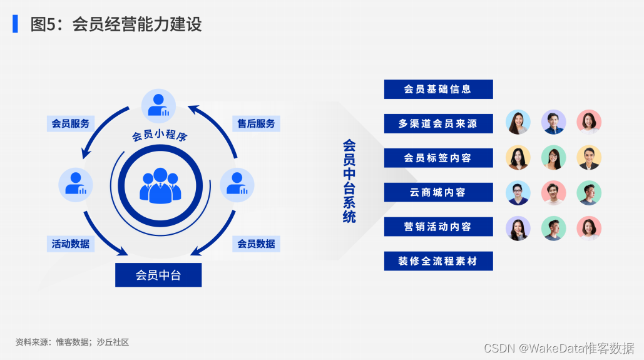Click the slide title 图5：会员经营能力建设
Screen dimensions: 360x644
(x=116, y=24)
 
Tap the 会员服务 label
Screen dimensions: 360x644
(x=70, y=123)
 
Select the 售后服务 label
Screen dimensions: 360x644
(x=256, y=123)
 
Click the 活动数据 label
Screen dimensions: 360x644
(x=70, y=244)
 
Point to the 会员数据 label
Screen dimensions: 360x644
(x=256, y=244)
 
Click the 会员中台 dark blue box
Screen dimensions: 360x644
(x=158, y=275)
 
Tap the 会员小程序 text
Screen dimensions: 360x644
(x=160, y=136)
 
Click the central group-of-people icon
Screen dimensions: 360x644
(x=161, y=185)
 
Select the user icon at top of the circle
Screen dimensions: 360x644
(x=159, y=105)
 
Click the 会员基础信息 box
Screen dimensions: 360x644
(x=438, y=90)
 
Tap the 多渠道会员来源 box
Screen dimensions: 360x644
(x=438, y=124)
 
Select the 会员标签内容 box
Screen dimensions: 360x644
(x=438, y=158)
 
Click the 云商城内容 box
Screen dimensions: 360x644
(x=438, y=192)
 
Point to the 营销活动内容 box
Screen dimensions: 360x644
(x=438, y=227)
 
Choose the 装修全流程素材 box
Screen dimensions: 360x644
(x=438, y=261)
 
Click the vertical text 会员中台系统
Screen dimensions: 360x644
(x=349, y=181)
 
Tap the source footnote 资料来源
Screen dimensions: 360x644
(x=72, y=342)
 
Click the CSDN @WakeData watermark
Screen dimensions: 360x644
(x=559, y=347)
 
